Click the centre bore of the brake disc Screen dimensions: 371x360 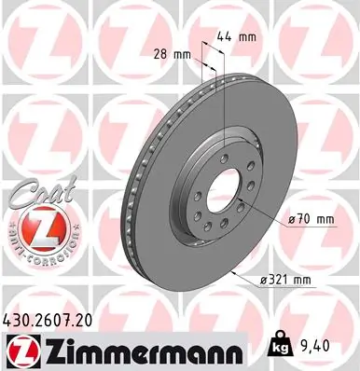[225, 185]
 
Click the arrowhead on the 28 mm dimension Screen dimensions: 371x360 [198, 56]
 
